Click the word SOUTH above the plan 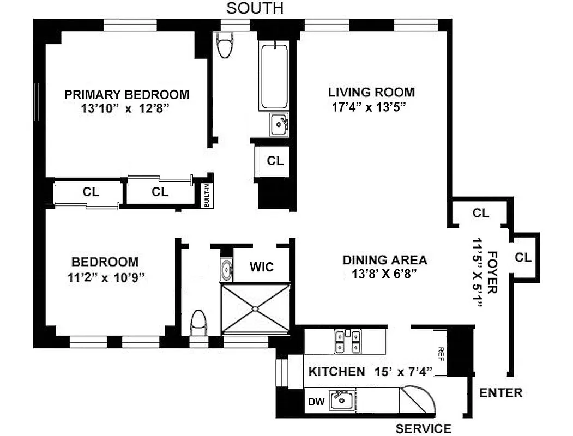pos(255,8)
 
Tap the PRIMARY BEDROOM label pos(126,94)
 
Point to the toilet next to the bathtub pos(224,47)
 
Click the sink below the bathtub pos(279,124)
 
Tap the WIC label pos(261,267)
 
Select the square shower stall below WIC pos(256,308)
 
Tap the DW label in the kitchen pos(316,403)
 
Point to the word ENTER pos(501,392)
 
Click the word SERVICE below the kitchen pos(423,428)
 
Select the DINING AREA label pos(384,260)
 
